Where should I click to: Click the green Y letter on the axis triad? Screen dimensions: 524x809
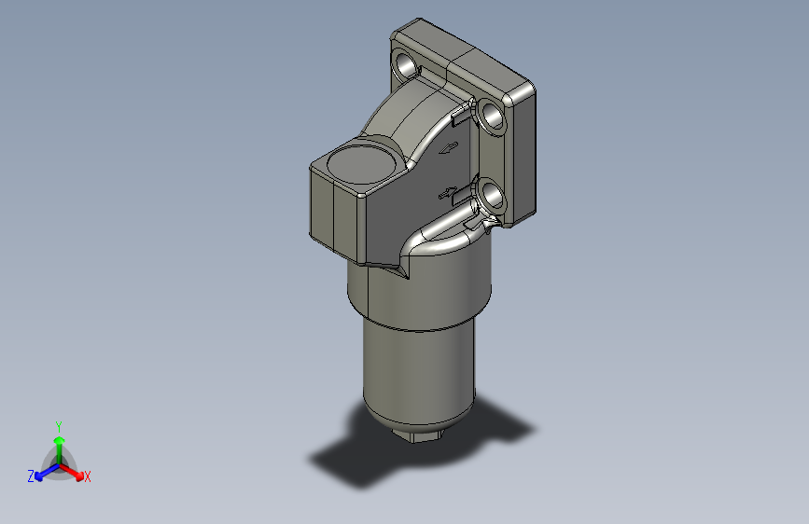click(x=59, y=425)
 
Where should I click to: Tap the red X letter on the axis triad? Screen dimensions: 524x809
click(x=87, y=476)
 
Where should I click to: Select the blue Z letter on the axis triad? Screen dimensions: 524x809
click(x=31, y=476)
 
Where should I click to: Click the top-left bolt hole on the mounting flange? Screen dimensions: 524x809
click(x=409, y=65)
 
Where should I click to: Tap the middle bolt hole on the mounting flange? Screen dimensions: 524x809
click(x=491, y=117)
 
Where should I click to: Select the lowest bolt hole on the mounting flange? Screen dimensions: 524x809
click(x=491, y=195)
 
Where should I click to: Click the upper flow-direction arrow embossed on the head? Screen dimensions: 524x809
click(x=449, y=147)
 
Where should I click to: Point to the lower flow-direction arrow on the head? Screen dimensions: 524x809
click(x=449, y=192)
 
